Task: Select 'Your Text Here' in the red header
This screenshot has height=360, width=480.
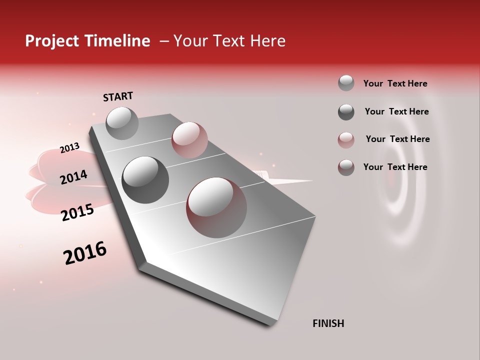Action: click(229, 41)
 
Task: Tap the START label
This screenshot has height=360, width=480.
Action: click(118, 96)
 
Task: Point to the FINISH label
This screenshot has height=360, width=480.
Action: click(328, 323)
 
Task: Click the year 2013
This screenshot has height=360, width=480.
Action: click(69, 148)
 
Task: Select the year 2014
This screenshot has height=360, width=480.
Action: click(73, 177)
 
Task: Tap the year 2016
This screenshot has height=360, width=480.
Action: click(85, 252)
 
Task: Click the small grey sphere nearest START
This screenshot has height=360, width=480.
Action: click(122, 123)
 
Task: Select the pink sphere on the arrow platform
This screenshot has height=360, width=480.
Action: click(189, 139)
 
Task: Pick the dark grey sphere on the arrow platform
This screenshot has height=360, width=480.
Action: click(145, 179)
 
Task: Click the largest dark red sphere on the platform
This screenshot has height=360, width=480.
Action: click(216, 207)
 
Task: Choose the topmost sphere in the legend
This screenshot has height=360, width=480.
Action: click(346, 83)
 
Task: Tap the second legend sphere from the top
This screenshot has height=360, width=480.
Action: click(346, 111)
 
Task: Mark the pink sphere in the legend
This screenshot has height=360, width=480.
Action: click(346, 139)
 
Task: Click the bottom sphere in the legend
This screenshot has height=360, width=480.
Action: click(346, 167)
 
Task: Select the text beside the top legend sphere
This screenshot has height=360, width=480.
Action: click(395, 83)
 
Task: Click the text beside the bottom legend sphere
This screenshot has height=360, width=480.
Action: click(395, 167)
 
